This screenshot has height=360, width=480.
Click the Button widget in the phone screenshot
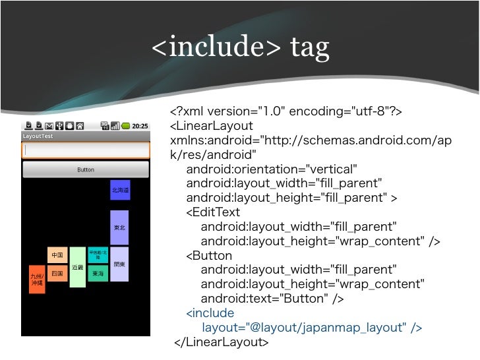pyautogui.click(x=86, y=170)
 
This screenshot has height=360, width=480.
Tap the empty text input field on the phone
pyautogui.click(x=86, y=150)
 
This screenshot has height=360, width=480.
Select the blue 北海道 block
pyautogui.click(x=120, y=190)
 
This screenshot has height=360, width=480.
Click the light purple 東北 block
pyautogui.click(x=119, y=227)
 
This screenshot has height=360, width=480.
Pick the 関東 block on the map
pyautogui.click(x=119, y=264)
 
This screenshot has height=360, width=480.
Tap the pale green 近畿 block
pyautogui.click(x=77, y=267)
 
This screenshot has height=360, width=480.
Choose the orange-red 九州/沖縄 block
pyautogui.click(x=37, y=279)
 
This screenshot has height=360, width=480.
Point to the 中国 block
pyautogui.click(x=57, y=255)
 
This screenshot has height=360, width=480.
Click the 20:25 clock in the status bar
pyautogui.click(x=140, y=126)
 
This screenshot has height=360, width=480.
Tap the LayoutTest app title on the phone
pyautogui.click(x=38, y=136)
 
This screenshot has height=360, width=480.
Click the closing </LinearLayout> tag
pyautogui.click(x=222, y=342)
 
